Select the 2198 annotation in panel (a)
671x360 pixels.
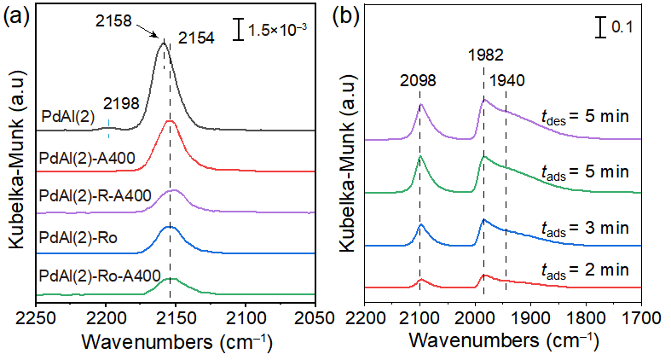pos(120,104)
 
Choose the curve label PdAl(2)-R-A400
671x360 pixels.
pos(95,196)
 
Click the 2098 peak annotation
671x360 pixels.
pos(419,81)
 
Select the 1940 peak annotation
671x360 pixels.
pos(507,81)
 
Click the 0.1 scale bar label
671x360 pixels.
pos(623,27)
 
